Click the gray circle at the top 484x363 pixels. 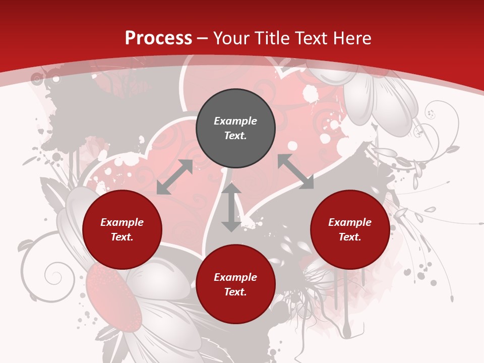[x=235, y=129]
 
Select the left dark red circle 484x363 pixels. [x=122, y=230]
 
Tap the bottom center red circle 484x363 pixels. [x=235, y=284]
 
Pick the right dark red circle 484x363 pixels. [x=350, y=230]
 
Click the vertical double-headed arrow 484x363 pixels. [x=231, y=207]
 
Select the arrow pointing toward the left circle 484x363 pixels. [x=174, y=177]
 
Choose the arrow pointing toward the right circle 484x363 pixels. [x=296, y=172]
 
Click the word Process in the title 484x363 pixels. [x=158, y=38]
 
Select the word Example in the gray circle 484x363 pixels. [x=235, y=121]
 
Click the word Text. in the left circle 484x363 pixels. [x=122, y=237]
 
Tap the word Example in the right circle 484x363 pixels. [x=350, y=222]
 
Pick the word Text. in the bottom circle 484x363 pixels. [x=235, y=292]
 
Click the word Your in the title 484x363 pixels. [x=232, y=38]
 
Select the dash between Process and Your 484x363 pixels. [x=203, y=39]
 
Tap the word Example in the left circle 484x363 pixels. [x=122, y=222]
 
